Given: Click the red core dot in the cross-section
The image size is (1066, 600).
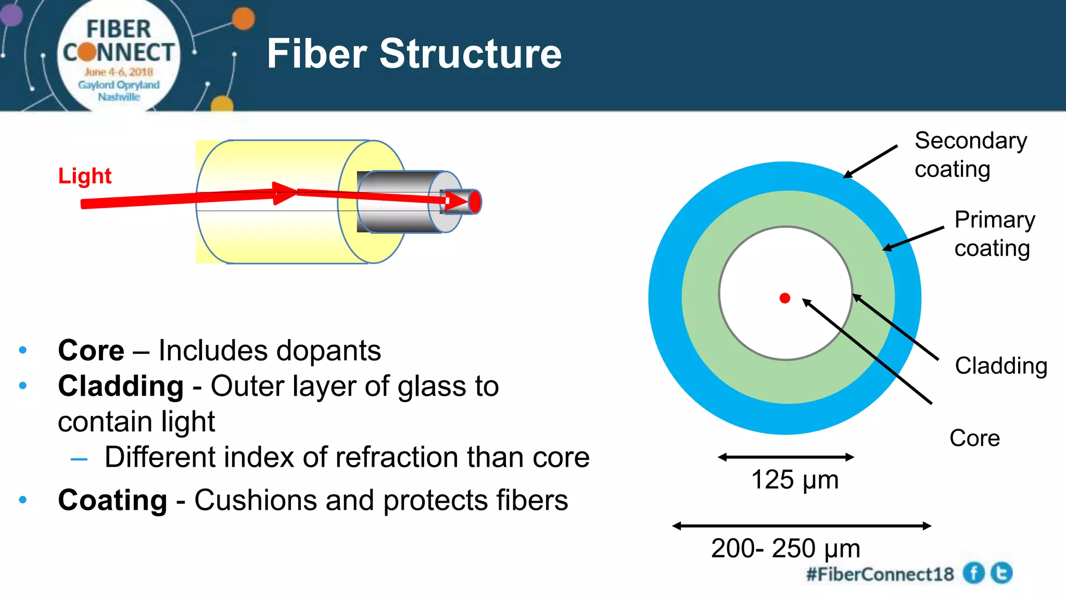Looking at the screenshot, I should (x=785, y=298).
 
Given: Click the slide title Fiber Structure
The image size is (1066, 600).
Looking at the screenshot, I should (x=414, y=54).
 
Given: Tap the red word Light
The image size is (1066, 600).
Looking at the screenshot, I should (x=85, y=176).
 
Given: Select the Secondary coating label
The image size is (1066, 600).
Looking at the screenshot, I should (x=970, y=155).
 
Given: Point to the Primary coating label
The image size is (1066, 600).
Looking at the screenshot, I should (x=994, y=234).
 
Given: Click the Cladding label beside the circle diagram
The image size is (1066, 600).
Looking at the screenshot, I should (x=1000, y=366).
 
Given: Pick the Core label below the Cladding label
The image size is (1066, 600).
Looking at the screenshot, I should (x=974, y=438).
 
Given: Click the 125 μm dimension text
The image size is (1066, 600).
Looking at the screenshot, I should (x=794, y=480).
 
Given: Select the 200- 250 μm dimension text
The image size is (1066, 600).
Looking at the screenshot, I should (x=785, y=548).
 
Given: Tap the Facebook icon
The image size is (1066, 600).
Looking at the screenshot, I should (x=973, y=573).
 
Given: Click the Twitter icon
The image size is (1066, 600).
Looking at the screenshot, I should (x=1001, y=573).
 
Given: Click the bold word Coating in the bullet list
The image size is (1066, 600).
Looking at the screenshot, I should (x=112, y=500).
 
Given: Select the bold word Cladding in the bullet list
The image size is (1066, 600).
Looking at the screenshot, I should (x=121, y=386).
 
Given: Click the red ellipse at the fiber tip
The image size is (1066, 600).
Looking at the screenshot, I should (x=475, y=202).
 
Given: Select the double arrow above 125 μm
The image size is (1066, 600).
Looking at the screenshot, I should (x=785, y=457).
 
